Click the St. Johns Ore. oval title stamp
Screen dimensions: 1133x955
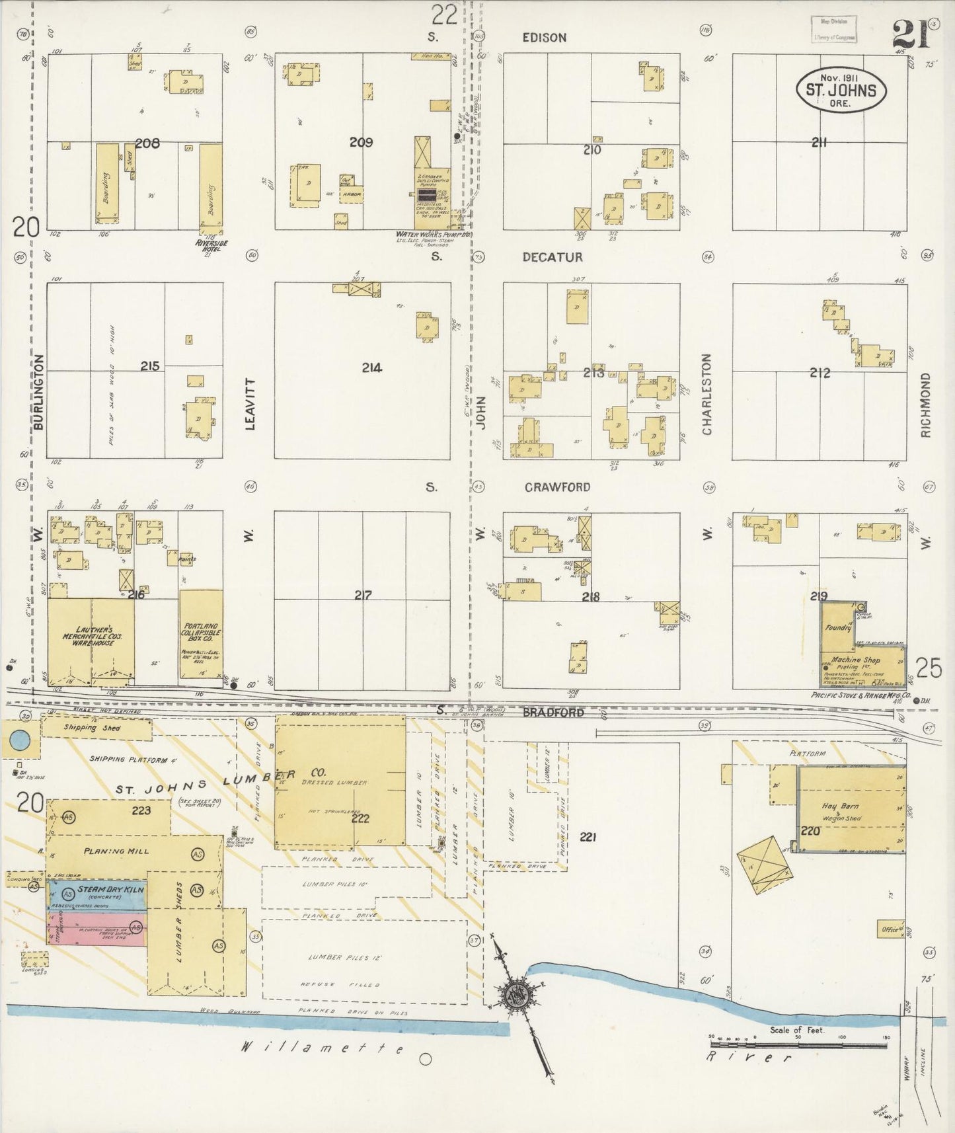tap(840, 91)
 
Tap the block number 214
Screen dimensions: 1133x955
tap(371, 368)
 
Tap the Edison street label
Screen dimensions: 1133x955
tap(544, 38)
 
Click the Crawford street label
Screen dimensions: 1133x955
tap(557, 487)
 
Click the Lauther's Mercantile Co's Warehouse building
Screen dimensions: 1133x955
tap(91, 637)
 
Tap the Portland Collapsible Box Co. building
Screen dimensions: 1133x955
tap(201, 633)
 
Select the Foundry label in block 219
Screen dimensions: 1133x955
tap(837, 627)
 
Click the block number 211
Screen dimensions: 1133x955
tap(820, 141)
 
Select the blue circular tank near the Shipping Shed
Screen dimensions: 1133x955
tap(19, 740)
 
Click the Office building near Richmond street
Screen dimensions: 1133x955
tap(890, 929)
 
